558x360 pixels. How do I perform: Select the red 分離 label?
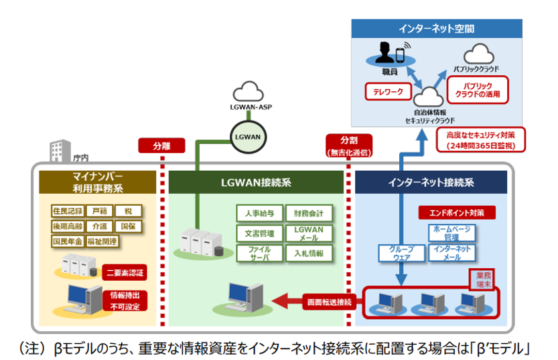pyautogui.click(x=161, y=145)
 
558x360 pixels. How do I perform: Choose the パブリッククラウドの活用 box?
pyautogui.click(x=477, y=88)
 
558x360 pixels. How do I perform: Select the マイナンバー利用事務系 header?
pyautogui.click(x=98, y=182)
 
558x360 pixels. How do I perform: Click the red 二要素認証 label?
pyautogui.click(x=125, y=273)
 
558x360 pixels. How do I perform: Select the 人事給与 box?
pyautogui.click(x=259, y=214)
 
